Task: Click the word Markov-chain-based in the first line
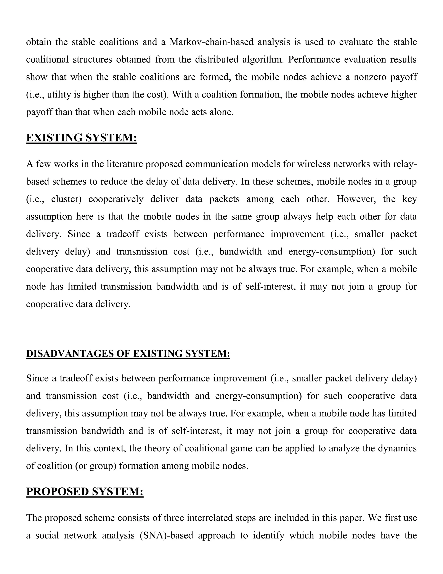[211, 42]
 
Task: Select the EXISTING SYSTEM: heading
[82, 138]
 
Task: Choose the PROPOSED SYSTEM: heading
[85, 491]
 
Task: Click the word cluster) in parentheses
[66, 199]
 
